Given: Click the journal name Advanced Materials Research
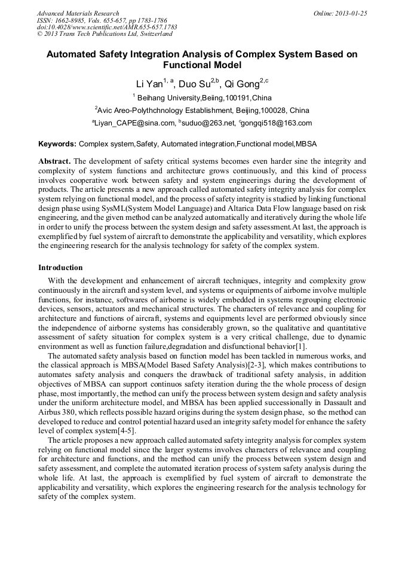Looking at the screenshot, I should tap(78, 13).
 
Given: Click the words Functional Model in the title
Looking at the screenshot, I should tap(202, 65).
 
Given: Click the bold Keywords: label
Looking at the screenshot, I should tap(57, 144).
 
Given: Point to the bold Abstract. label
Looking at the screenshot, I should tap(54, 161).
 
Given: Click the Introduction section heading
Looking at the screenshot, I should tap(60, 267).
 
